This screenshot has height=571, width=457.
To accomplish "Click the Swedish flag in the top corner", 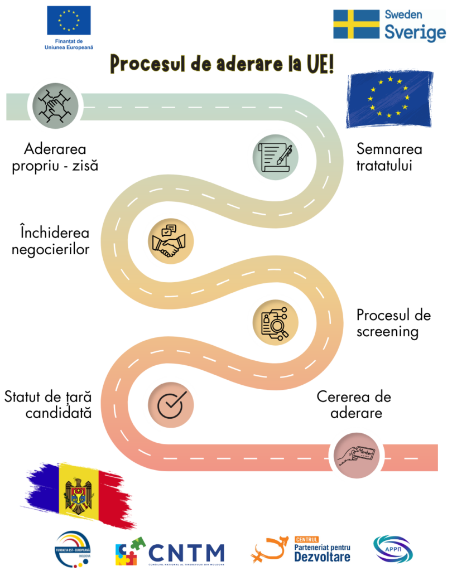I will tap(355, 25).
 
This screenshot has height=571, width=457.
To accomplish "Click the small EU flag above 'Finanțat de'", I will tap(69, 20).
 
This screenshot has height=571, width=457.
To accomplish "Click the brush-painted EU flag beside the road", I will tap(389, 98).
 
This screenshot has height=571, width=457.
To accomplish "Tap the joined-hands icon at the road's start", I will tap(52, 104).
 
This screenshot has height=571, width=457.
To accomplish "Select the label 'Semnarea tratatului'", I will tap(389, 157).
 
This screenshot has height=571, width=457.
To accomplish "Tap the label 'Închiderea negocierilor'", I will tap(54, 241).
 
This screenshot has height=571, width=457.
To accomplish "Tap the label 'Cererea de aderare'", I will tap(354, 405).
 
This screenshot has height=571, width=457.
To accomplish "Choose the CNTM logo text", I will tap(186, 552).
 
